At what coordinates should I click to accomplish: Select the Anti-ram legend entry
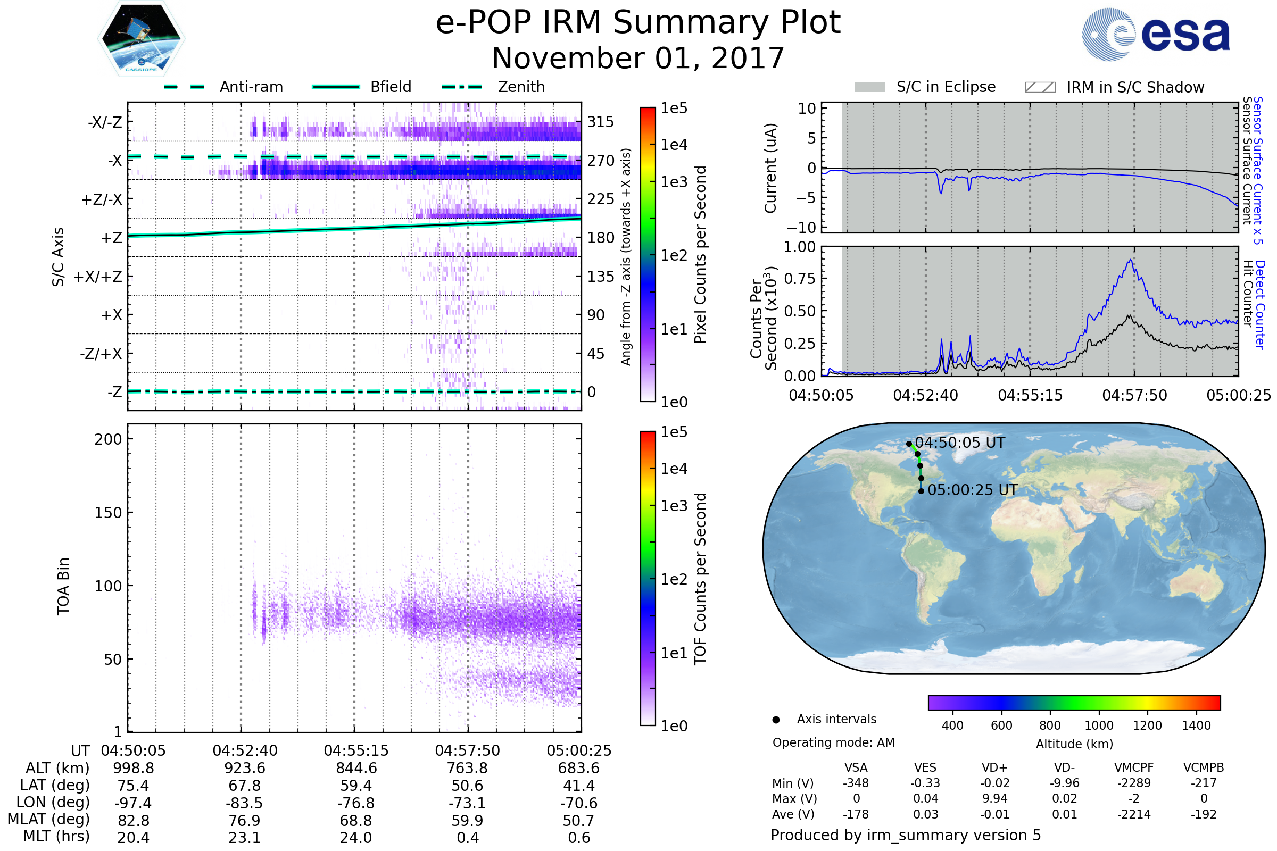pyautogui.click(x=251, y=87)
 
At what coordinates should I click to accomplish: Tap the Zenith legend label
pyautogui.click(x=521, y=87)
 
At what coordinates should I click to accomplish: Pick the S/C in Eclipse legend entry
pyautogui.click(x=946, y=87)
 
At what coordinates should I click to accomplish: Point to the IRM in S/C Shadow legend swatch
pyautogui.click(x=1040, y=87)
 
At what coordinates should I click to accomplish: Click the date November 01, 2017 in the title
pyautogui.click(x=638, y=59)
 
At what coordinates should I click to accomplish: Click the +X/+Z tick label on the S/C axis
pyautogui.click(x=98, y=277)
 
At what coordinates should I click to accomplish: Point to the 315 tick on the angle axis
pyautogui.click(x=601, y=122)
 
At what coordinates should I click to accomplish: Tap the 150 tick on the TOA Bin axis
pyautogui.click(x=108, y=513)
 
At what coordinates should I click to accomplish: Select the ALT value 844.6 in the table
pyautogui.click(x=355, y=769)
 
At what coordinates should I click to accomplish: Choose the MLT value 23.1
pyautogui.click(x=244, y=837)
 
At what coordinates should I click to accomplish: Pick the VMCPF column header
pyautogui.click(x=1134, y=768)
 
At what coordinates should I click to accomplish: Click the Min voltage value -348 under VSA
pyautogui.click(x=856, y=783)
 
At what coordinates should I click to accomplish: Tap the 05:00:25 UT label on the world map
pyautogui.click(x=973, y=490)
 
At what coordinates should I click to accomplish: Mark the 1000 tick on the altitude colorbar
pyautogui.click(x=1098, y=725)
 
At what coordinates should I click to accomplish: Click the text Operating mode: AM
pyautogui.click(x=833, y=742)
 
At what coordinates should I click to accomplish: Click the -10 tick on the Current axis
pyautogui.click(x=802, y=227)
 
